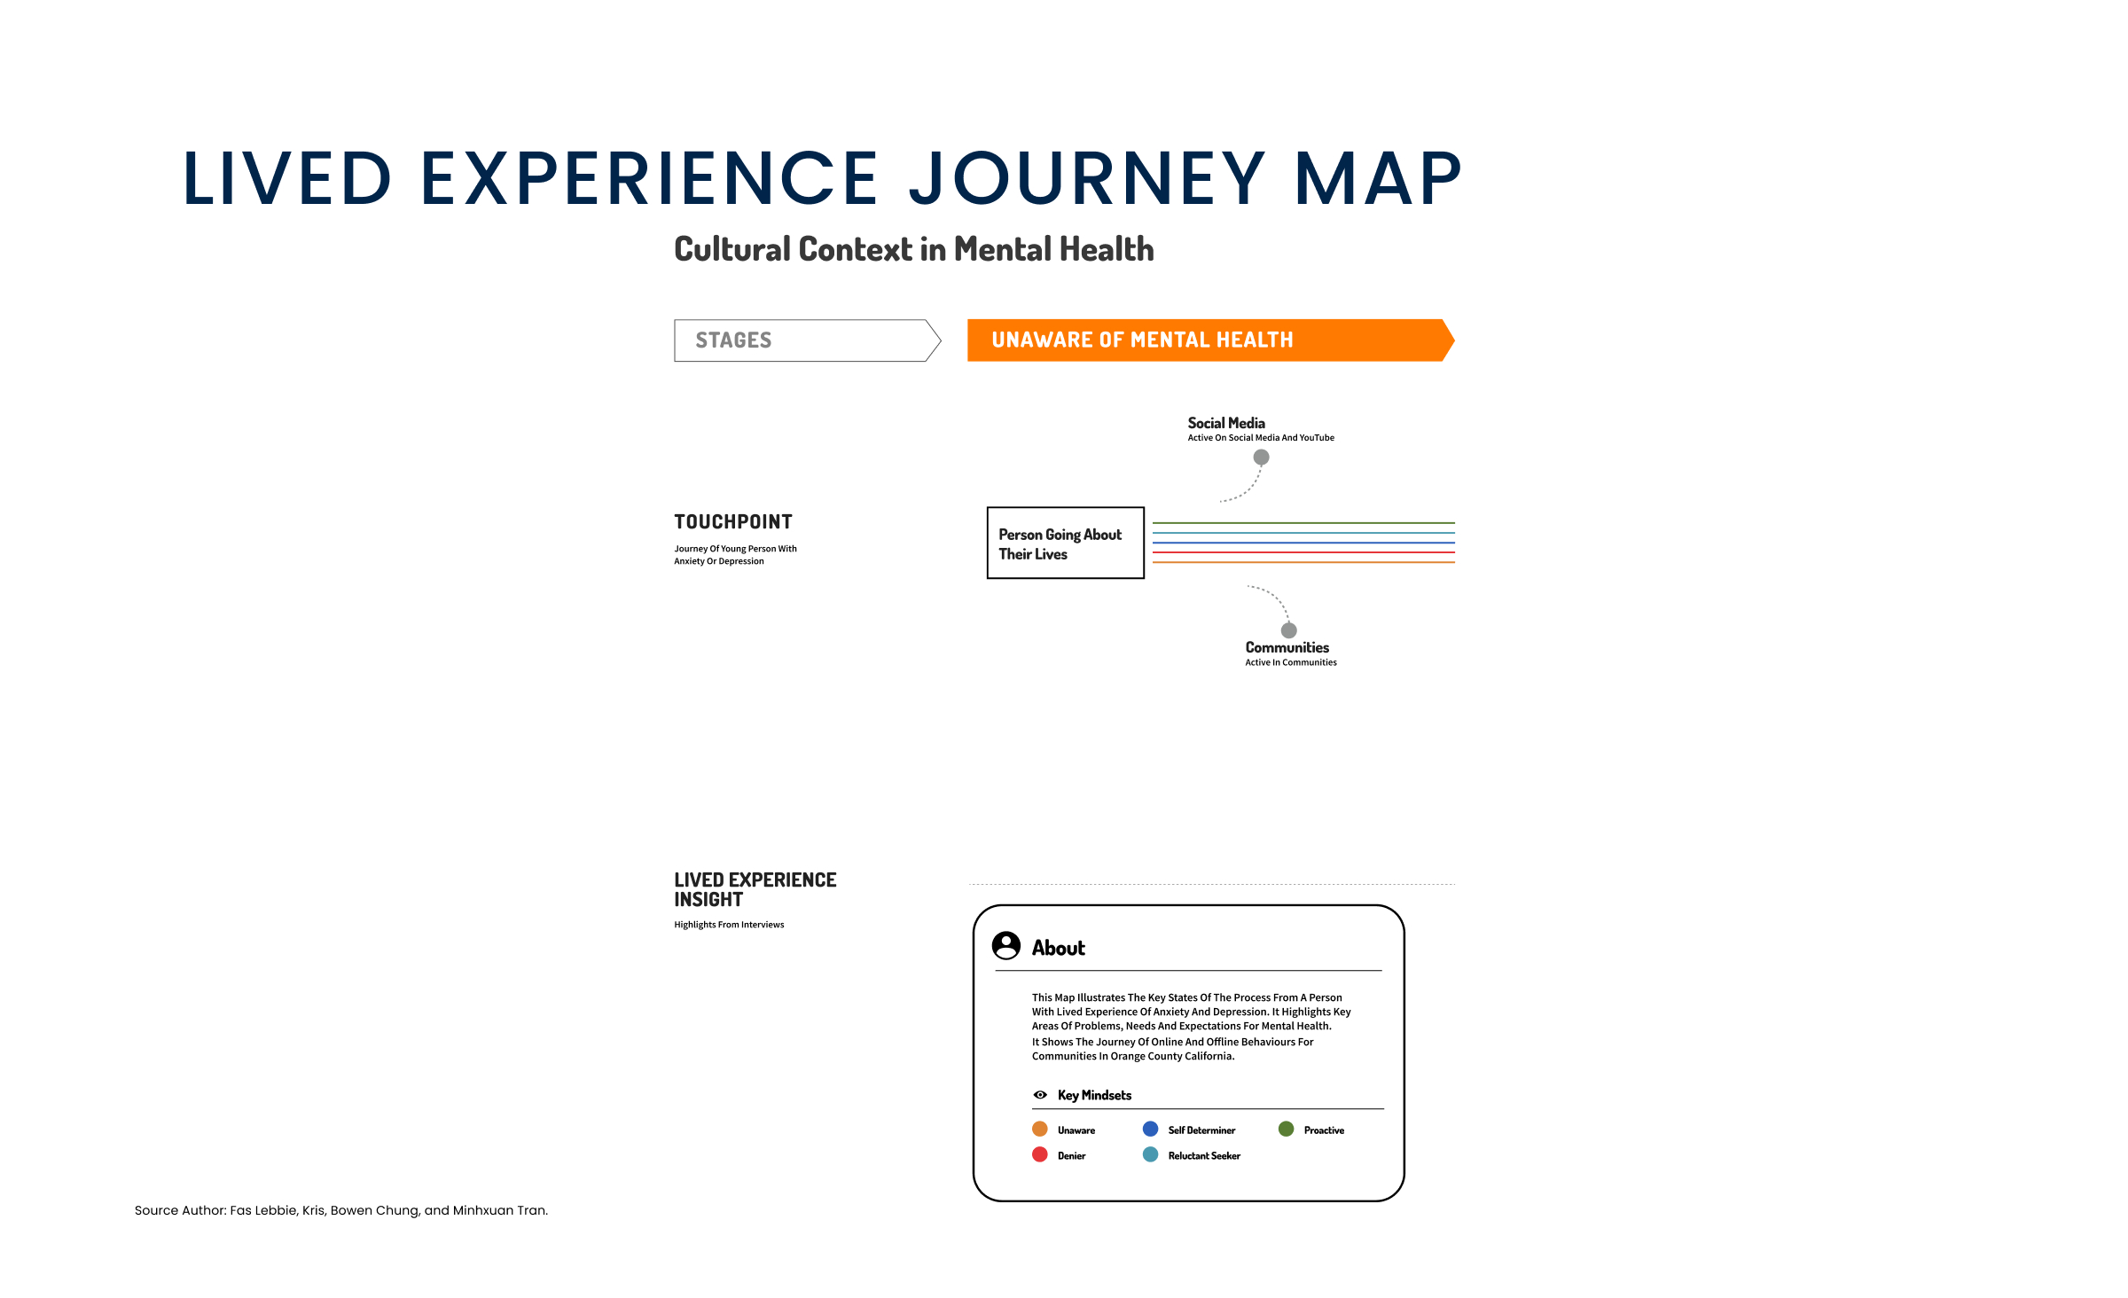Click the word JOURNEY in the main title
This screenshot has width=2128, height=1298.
point(1087,180)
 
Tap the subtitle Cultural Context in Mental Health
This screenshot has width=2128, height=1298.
point(914,249)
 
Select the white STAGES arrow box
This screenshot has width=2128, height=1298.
point(807,340)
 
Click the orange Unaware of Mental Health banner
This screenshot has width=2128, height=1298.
point(1210,340)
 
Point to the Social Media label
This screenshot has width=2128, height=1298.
point(1226,423)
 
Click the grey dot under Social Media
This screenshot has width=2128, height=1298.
point(1261,457)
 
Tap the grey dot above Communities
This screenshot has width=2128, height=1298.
point(1289,630)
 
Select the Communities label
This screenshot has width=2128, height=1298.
point(1287,648)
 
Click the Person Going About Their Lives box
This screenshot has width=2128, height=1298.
point(1066,543)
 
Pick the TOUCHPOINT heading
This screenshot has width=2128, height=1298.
point(733,522)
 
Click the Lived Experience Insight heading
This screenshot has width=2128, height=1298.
point(755,889)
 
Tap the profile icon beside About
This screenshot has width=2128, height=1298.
point(1006,946)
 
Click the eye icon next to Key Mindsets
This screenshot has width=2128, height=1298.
point(1040,1095)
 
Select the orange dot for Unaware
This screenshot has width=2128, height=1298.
point(1040,1129)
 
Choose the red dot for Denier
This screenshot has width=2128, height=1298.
point(1040,1154)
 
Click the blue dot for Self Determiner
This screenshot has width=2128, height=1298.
point(1151,1129)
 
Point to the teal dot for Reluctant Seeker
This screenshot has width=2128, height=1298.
point(1151,1154)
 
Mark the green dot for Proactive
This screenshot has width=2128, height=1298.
point(1287,1129)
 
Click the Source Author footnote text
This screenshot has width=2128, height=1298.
point(341,1210)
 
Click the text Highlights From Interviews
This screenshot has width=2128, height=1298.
point(729,925)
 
